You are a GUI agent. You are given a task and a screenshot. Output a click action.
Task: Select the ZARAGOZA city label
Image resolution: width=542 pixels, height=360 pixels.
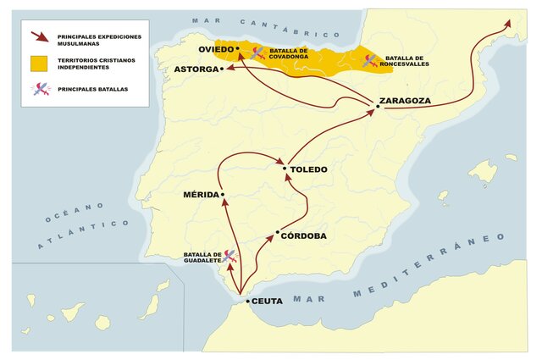pyautogui.click(x=406, y=101)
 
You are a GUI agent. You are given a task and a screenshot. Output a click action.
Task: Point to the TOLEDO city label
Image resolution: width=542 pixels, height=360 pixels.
pyautogui.click(x=308, y=169)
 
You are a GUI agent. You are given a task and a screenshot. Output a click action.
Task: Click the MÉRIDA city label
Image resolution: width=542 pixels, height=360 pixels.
pyautogui.click(x=201, y=195)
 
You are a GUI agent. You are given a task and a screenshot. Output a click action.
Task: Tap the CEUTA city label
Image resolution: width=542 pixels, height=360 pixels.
pyautogui.click(x=267, y=302)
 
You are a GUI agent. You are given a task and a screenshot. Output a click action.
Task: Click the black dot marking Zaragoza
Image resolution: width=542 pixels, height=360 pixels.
pyautogui.click(x=376, y=106)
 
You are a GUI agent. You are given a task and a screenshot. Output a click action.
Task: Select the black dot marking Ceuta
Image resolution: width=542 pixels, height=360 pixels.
pyautogui.click(x=246, y=301)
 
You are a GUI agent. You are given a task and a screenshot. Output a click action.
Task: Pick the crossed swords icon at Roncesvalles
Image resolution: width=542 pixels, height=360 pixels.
pyautogui.click(x=370, y=60)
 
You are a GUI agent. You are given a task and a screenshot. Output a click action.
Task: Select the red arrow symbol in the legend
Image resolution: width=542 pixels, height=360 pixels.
pyautogui.click(x=38, y=38)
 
